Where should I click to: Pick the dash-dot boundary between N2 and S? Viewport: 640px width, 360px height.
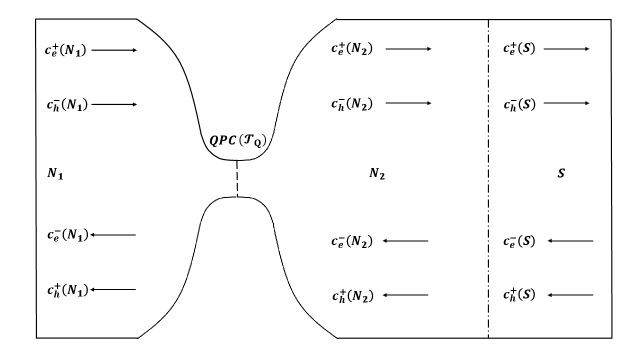point(488,250)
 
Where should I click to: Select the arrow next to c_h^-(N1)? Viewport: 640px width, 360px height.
point(114,102)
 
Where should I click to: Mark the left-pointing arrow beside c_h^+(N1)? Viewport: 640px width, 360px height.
point(114,289)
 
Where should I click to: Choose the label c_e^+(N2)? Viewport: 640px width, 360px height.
point(353,47)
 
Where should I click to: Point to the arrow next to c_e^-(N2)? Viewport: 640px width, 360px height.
point(407,241)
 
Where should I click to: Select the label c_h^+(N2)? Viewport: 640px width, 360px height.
point(353,295)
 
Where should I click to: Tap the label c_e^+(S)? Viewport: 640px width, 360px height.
point(526,47)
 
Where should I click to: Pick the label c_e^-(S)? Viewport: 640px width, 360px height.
point(526,241)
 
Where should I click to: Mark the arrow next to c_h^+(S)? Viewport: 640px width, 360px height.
point(571,295)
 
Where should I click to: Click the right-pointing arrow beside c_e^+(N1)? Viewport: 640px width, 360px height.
point(114,47)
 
